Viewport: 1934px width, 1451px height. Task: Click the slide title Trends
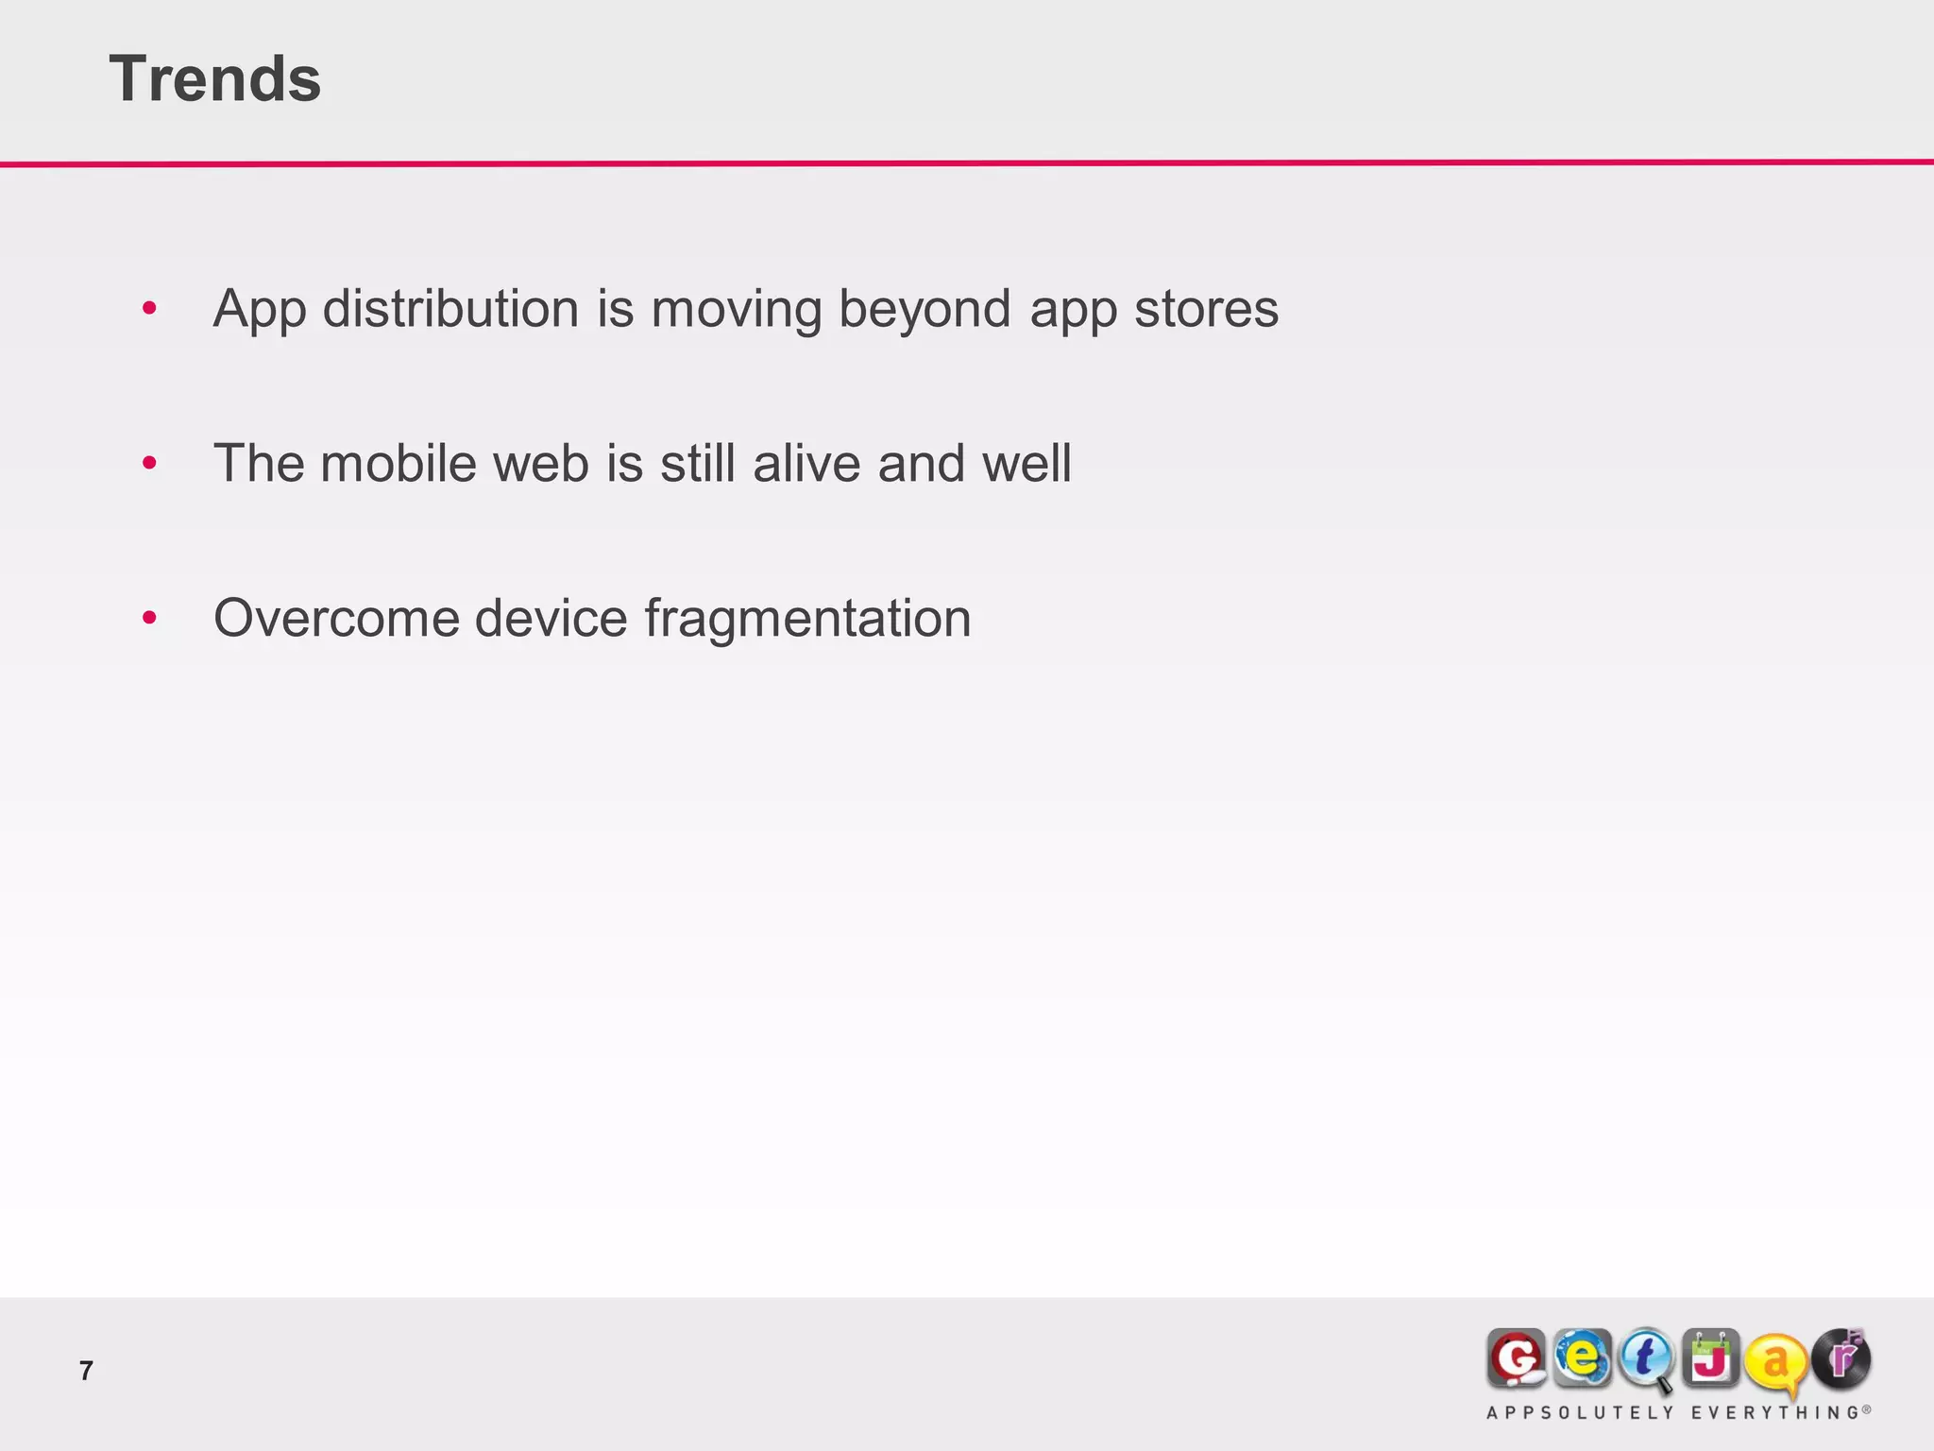point(215,78)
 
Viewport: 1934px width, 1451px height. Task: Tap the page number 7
point(86,1370)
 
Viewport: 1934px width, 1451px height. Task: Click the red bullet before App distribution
point(149,308)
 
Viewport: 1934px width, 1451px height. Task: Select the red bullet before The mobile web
point(149,463)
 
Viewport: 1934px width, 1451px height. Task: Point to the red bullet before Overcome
point(149,618)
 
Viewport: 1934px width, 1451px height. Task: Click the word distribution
point(450,309)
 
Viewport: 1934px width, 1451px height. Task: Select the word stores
point(1206,309)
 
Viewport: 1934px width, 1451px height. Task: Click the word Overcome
point(335,619)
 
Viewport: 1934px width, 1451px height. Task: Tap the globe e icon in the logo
point(1582,1358)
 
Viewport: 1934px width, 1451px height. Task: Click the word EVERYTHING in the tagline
point(1774,1413)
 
